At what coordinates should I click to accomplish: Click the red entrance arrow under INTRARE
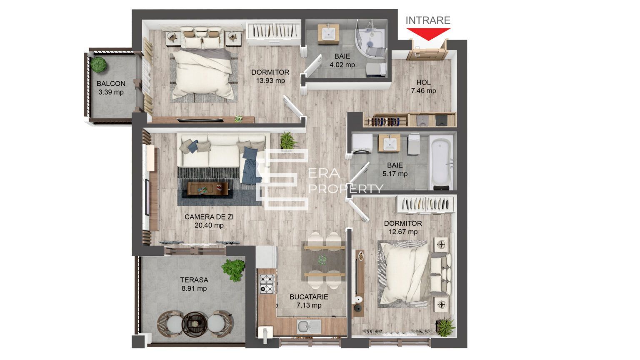[428, 34]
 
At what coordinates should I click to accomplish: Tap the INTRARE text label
[428, 20]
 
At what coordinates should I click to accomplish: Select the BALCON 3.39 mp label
[111, 88]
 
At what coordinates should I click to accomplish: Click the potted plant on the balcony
[99, 64]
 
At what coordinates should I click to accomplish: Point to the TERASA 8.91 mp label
[194, 284]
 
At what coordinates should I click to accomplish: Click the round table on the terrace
[194, 322]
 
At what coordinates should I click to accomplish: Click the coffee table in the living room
[207, 189]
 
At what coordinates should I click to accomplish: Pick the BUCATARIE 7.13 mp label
[309, 301]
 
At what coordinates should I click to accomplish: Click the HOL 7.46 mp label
[423, 87]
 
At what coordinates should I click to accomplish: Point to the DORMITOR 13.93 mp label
[270, 77]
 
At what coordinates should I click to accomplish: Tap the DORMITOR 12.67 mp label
[402, 227]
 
